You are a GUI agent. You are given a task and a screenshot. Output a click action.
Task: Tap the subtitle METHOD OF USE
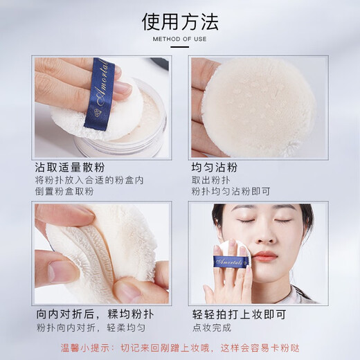180,39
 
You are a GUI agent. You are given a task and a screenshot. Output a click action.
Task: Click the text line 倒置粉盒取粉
69,193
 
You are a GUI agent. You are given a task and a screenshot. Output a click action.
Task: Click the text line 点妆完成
211,327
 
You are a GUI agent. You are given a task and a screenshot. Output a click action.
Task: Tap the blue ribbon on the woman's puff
231,262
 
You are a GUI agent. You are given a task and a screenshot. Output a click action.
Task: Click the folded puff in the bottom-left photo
104,249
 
